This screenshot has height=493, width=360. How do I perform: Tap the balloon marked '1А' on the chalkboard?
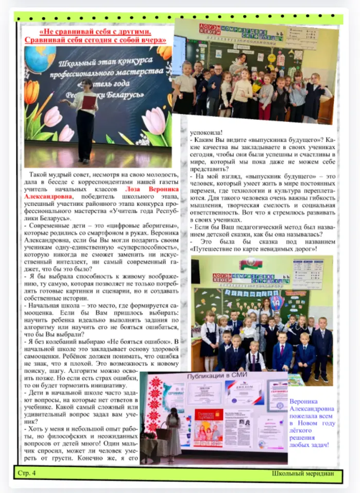(x=276, y=301)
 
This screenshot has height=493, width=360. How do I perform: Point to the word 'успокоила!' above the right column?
(x=207, y=131)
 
